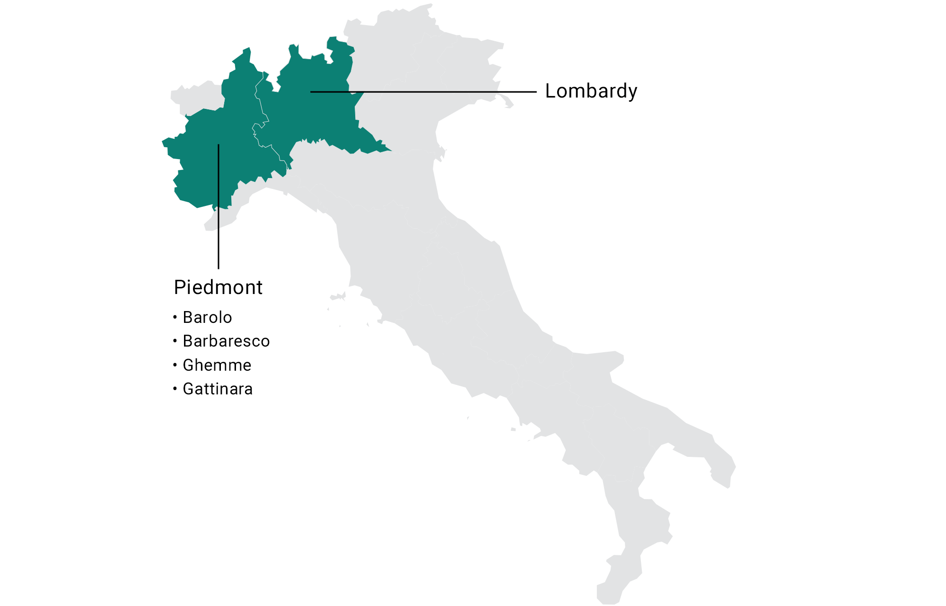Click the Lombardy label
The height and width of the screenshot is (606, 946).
[x=591, y=91]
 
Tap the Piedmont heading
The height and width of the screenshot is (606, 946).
[x=218, y=287]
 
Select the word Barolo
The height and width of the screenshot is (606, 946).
[x=207, y=317]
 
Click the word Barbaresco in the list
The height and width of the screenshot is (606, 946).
[x=226, y=341]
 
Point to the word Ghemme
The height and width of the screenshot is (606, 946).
[x=217, y=365]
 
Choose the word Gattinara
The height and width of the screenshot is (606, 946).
[x=218, y=389]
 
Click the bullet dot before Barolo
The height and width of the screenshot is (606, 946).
[x=175, y=317]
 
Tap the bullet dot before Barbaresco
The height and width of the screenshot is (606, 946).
[x=175, y=340]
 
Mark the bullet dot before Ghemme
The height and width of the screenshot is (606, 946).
[x=175, y=365]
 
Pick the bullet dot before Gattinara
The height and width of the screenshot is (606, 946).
[x=175, y=389]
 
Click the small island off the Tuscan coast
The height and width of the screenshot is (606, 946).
[x=338, y=297]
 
